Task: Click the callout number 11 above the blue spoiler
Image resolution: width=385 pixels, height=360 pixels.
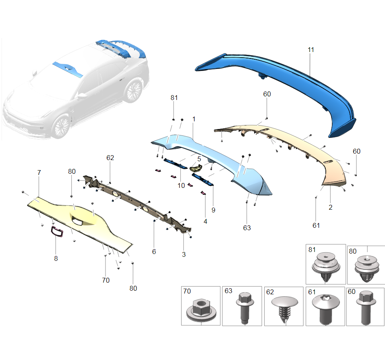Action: coord(310,50)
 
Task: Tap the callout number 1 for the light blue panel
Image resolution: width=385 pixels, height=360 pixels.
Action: coord(194,119)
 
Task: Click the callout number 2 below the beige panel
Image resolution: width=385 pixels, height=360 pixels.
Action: coord(330,208)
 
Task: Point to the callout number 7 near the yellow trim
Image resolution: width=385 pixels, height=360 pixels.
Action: coord(39,173)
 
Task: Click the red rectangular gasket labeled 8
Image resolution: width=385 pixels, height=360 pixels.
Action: coord(56,232)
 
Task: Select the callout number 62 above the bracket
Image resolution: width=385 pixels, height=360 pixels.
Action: coord(110,158)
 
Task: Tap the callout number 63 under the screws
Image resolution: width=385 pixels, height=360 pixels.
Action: coord(247,228)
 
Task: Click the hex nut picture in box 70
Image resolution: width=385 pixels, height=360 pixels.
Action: coord(200,311)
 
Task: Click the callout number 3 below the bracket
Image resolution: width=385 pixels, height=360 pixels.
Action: coord(184,254)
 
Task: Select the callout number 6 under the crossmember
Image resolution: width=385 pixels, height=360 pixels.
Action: coord(154,251)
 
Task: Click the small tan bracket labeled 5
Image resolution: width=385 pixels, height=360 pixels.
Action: coord(196,168)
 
